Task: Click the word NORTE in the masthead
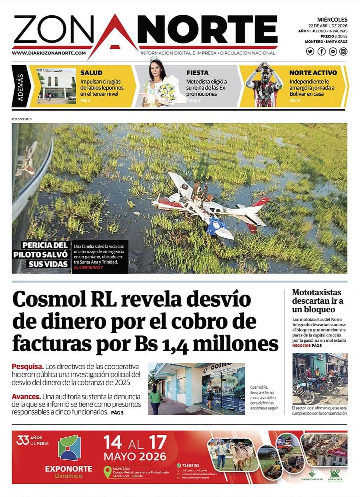pyautogui.click(x=208, y=30)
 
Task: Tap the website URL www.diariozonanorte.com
pyautogui.click(x=49, y=53)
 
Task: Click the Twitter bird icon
pyautogui.click(x=310, y=52)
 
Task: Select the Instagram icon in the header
pyautogui.click(x=343, y=52)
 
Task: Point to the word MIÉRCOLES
pyautogui.click(x=332, y=20)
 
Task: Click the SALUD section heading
pyautogui.click(x=91, y=73)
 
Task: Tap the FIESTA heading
pyautogui.click(x=197, y=73)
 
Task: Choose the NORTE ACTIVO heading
pyautogui.click(x=313, y=73)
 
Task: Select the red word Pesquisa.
pyautogui.click(x=27, y=367)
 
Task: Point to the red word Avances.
pyautogui.click(x=26, y=396)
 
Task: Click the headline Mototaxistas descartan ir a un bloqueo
pyautogui.click(x=317, y=301)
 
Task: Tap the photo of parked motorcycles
pyautogui.click(x=319, y=379)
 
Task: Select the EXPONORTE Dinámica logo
pyautogui.click(x=69, y=457)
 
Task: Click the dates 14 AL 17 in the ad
pyautogui.click(x=135, y=443)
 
